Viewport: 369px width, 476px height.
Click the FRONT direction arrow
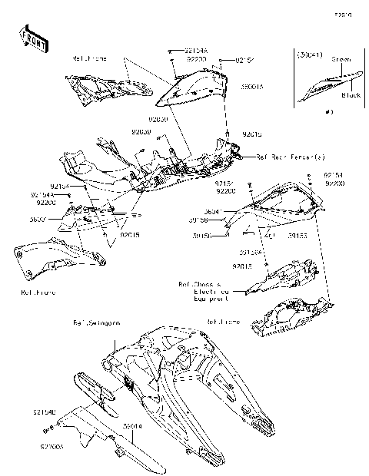click(29, 38)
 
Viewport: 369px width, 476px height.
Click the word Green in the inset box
click(341, 58)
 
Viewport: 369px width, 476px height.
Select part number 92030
click(157, 120)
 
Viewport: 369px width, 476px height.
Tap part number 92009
click(141, 131)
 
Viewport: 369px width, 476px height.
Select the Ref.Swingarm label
click(92, 322)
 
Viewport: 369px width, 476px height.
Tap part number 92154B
click(44, 412)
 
